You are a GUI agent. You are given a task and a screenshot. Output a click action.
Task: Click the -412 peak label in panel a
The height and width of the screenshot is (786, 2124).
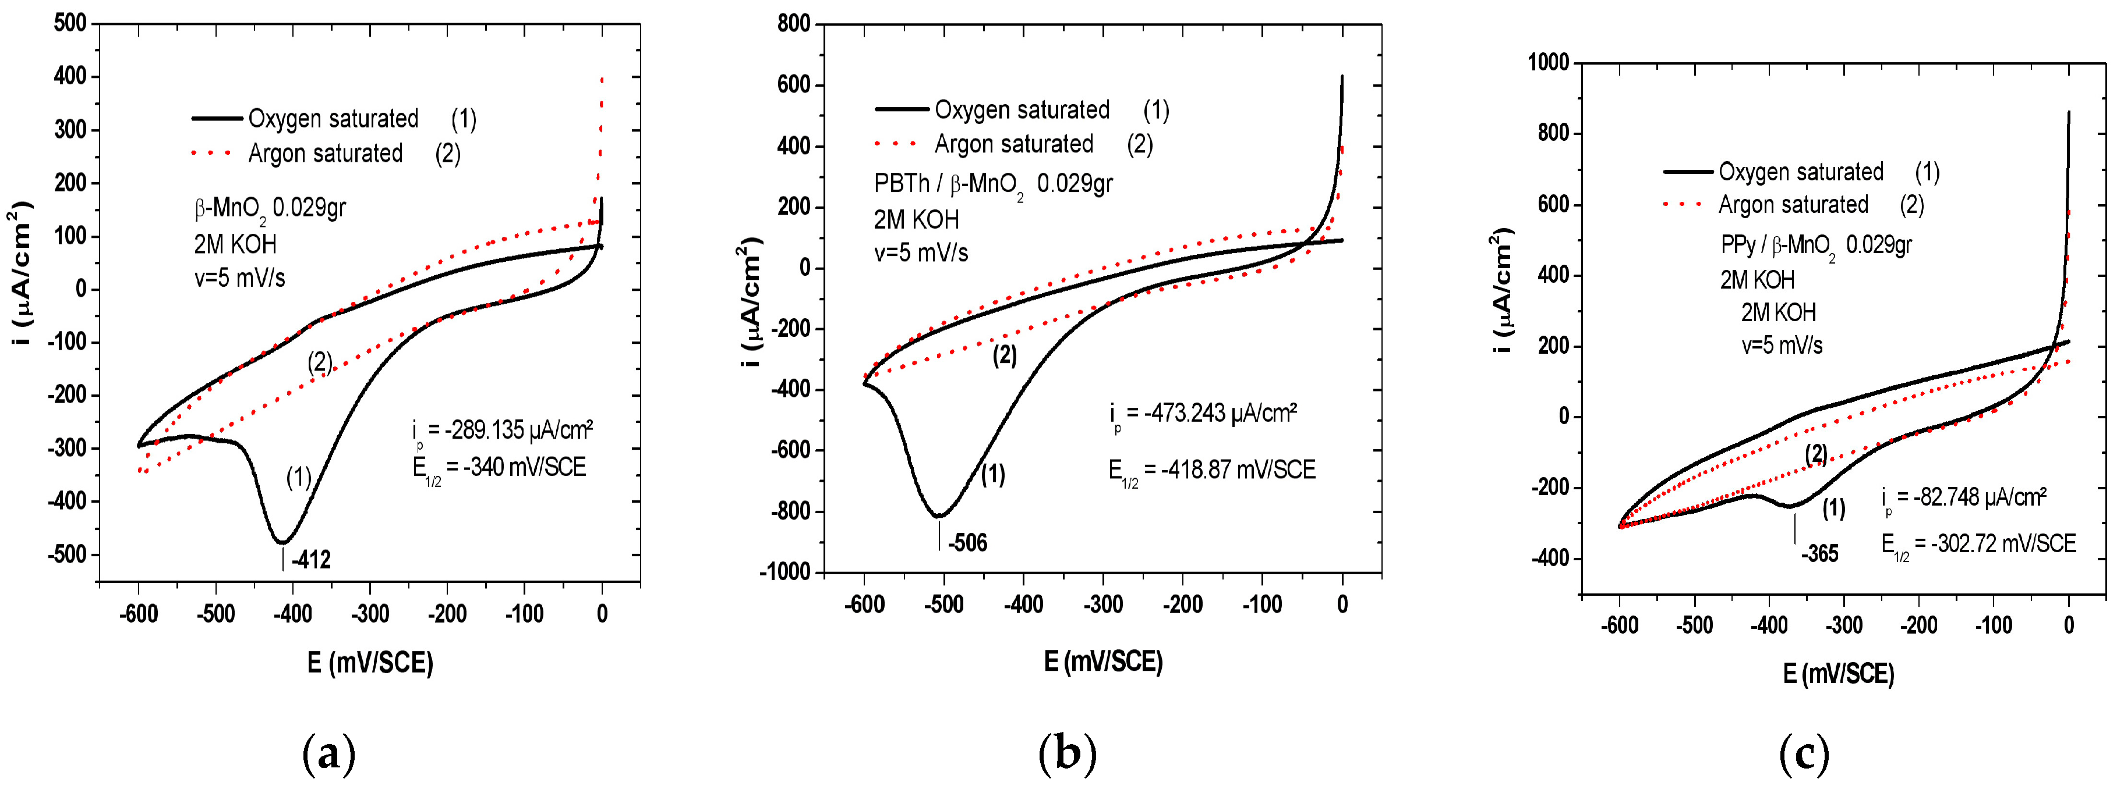[311, 560]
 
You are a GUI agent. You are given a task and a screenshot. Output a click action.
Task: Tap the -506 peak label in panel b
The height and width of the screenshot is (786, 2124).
[967, 543]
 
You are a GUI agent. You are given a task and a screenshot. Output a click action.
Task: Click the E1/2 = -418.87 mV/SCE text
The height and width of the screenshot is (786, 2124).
[1211, 471]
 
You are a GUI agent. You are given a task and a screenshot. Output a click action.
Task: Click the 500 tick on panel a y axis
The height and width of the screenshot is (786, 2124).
[70, 23]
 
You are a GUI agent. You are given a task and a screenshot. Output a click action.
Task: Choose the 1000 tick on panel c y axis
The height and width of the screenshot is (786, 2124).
[1549, 63]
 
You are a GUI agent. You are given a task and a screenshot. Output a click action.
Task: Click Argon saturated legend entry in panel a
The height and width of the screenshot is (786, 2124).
[326, 154]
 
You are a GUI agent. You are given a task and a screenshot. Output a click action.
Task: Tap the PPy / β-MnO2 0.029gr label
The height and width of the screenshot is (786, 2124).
[1816, 246]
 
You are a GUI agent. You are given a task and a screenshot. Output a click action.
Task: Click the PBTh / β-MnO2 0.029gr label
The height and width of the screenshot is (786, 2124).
[993, 184]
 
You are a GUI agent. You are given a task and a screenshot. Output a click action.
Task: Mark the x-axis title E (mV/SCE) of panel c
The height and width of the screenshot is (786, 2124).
[1838, 674]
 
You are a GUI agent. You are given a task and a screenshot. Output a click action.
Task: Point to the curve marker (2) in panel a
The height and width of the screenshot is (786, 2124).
[320, 362]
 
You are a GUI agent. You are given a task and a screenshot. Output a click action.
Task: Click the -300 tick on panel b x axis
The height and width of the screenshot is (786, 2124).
[1102, 604]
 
